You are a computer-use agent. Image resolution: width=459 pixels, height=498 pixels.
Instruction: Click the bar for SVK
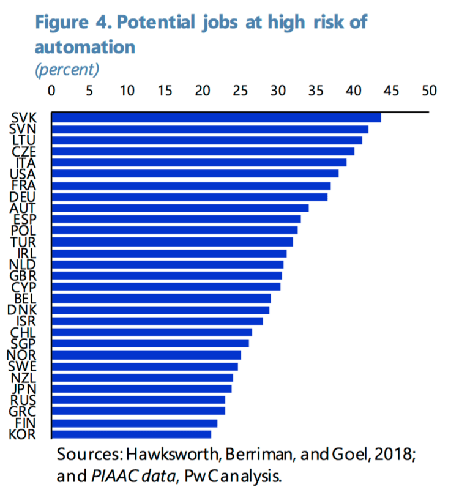coord(216,117)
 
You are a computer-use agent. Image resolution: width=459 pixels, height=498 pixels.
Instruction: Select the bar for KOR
coord(131,434)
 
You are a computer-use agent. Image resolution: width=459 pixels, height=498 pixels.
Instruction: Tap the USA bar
coord(195,174)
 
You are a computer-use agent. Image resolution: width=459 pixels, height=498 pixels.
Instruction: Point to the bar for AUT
coord(180,208)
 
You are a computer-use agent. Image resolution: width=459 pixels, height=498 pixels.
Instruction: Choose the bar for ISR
coord(157,321)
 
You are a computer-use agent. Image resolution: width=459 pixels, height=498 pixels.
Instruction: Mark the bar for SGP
coord(150,344)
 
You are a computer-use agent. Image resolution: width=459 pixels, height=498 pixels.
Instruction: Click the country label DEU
coord(23,196)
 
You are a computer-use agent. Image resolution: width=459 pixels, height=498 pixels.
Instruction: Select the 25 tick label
coord(241,91)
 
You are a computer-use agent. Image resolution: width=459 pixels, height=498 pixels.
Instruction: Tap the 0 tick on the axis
coord(51,91)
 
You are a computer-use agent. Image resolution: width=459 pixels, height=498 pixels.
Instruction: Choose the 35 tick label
coord(316,91)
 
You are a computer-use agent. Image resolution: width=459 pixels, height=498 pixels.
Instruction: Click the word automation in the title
coord(84,46)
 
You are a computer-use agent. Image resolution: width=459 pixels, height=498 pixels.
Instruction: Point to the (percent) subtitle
coord(67,69)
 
